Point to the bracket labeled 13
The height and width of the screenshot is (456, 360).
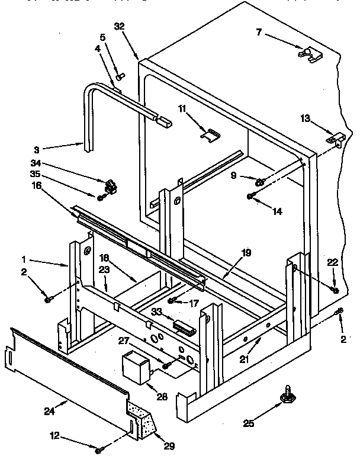pos(335,140)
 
